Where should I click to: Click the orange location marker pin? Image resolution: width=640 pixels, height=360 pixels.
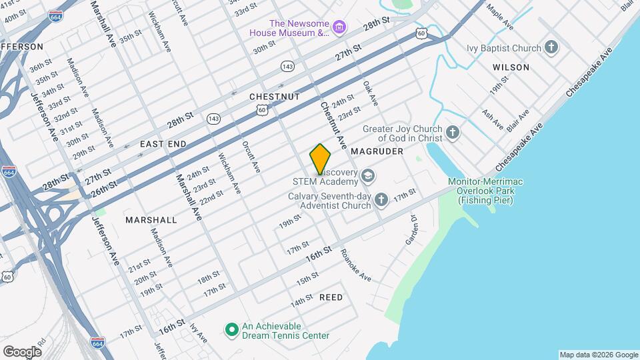(x=321, y=159)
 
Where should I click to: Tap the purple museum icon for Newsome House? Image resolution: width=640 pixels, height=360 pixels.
(x=340, y=27)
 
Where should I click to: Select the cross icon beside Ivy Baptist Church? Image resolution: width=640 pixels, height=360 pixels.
(x=551, y=47)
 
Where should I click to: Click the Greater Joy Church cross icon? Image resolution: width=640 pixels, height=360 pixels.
(x=453, y=132)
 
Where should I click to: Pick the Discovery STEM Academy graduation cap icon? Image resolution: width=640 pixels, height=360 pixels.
(x=368, y=177)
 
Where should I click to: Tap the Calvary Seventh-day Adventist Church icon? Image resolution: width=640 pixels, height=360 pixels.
(x=381, y=199)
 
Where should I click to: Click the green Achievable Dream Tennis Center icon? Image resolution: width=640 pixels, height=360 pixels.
(x=231, y=330)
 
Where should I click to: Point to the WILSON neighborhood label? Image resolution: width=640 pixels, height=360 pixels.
(x=511, y=67)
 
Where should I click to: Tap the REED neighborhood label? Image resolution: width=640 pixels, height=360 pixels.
(x=331, y=297)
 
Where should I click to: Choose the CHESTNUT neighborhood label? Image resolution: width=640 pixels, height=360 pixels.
(x=275, y=97)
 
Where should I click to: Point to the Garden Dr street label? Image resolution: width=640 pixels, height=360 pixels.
(x=411, y=230)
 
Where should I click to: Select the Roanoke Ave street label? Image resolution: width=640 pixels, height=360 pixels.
(x=355, y=265)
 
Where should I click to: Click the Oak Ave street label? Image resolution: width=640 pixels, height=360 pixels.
(x=370, y=94)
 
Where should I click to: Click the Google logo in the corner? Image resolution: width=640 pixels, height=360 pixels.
(x=22, y=351)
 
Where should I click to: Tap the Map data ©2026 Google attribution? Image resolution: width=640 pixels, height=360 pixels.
(x=597, y=355)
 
